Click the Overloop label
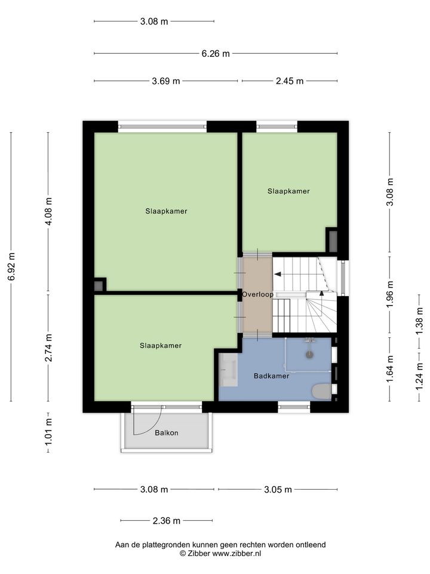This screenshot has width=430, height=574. [257, 294]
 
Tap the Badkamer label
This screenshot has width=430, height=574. [271, 376]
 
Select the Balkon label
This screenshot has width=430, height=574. [167, 433]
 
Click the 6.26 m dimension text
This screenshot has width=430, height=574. [216, 54]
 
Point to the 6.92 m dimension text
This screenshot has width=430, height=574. [12, 267]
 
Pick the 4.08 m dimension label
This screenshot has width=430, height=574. [48, 212]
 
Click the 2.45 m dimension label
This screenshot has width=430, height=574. [290, 81]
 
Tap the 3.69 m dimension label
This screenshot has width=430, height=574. [166, 81]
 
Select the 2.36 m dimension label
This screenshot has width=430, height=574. [167, 521]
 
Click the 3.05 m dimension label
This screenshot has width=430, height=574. [278, 490]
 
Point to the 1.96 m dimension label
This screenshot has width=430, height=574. [390, 294]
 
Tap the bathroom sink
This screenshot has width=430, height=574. [229, 369]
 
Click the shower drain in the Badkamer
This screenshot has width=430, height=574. [310, 355]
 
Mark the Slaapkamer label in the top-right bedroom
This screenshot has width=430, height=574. [288, 191]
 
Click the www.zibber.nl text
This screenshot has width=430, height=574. [237, 554]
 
